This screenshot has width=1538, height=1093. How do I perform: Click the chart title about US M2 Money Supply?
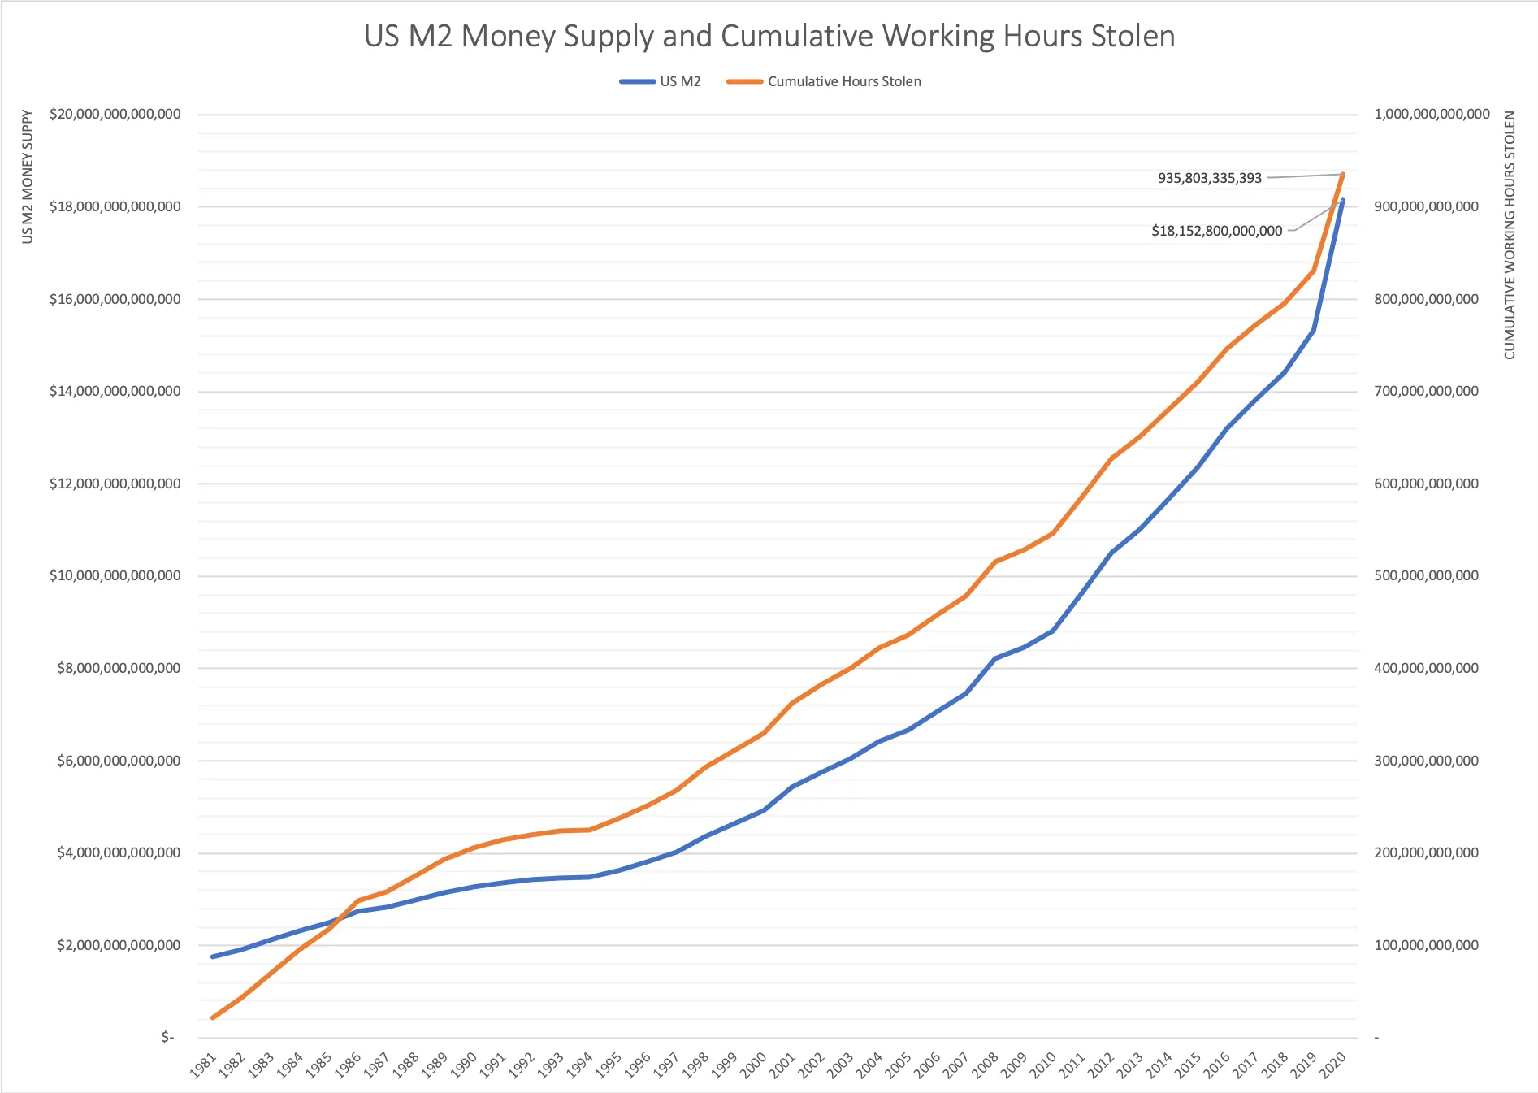[769, 37]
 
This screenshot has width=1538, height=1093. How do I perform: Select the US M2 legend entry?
[679, 81]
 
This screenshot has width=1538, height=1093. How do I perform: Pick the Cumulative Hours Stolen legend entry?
[843, 81]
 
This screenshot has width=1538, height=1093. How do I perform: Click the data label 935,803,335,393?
[1209, 178]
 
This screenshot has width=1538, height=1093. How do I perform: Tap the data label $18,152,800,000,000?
[1216, 231]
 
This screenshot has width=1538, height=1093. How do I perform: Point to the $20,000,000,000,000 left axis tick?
[115, 115]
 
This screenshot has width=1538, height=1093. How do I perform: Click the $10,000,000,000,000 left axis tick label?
[115, 576]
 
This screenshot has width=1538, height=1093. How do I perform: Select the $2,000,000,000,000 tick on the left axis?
[119, 945]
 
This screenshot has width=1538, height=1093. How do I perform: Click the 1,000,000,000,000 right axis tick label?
[1432, 115]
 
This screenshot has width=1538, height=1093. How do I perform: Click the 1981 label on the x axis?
[204, 1065]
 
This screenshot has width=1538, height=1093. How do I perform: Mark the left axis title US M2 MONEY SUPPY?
[28, 177]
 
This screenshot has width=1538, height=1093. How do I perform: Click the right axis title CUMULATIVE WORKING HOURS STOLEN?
[1510, 236]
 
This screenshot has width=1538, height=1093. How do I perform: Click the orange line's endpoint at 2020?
[1342, 174]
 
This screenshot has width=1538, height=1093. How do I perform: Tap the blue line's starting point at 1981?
[213, 956]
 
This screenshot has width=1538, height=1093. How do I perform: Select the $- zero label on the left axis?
[167, 1038]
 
